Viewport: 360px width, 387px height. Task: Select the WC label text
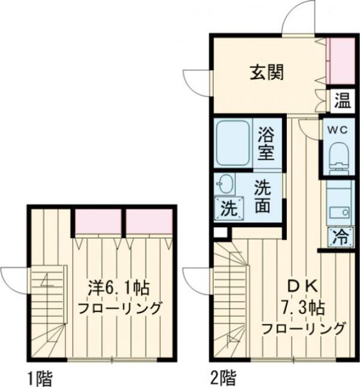coord(337,129)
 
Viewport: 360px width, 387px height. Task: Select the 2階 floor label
coord(223,379)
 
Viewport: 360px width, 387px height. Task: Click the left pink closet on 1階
coord(99,221)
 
